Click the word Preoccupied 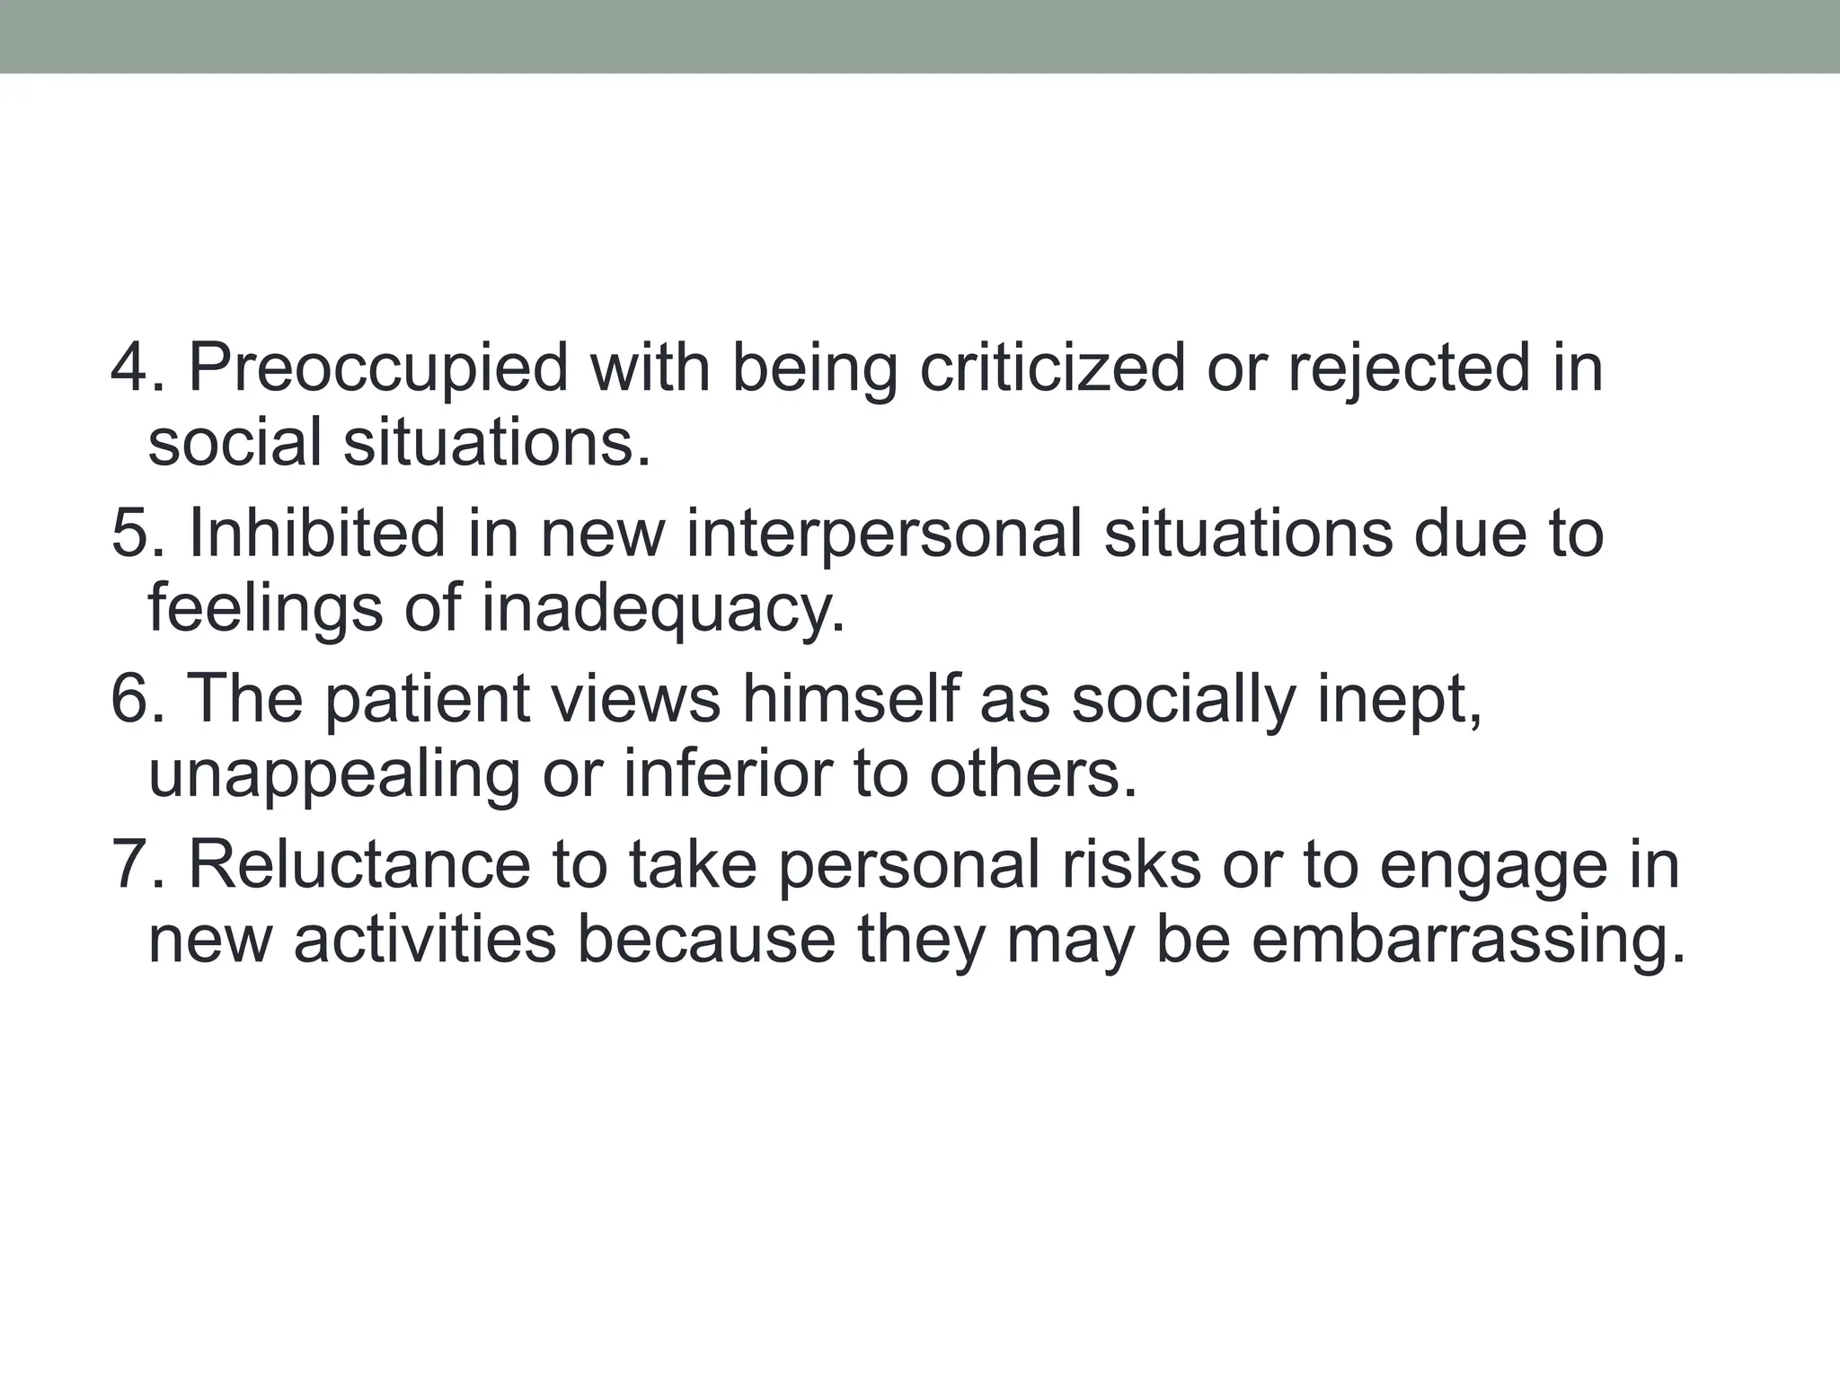378,369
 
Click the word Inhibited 317,535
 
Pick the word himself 850,700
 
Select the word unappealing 334,775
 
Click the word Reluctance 359,865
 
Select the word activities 425,941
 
